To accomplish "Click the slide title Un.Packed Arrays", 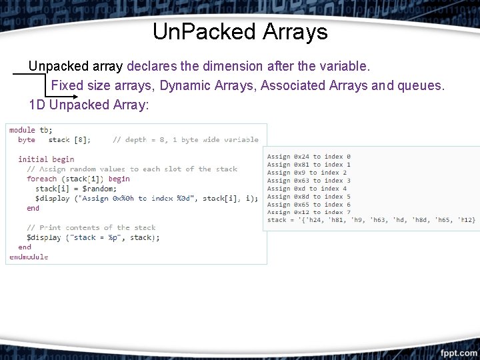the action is coord(240,32).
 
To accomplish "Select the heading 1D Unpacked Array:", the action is coord(89,105).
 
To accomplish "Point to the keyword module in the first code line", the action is coord(22,130).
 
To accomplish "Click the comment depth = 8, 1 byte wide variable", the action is coord(185,140).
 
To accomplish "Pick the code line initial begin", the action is coord(46,159).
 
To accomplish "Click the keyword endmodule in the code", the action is coord(29,257).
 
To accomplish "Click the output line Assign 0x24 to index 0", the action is coord(309,157).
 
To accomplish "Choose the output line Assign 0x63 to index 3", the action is coord(309,181).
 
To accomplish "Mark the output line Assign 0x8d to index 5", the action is coord(309,197).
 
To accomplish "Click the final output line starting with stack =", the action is coord(371,220).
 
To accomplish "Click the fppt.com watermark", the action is coord(458,352).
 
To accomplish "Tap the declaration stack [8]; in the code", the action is coord(69,140).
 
